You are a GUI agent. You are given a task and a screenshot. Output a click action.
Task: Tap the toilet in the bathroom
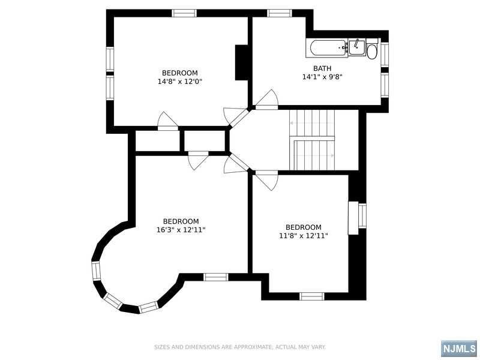click(373, 51)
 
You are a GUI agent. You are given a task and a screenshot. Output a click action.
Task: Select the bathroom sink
click(356, 47)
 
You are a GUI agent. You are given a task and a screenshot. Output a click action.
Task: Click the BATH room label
click(322, 68)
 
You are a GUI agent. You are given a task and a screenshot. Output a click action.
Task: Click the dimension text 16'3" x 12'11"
click(181, 230)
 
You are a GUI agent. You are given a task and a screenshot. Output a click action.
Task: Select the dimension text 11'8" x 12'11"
click(303, 236)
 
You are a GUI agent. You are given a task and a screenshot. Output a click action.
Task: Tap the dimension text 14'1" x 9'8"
click(322, 77)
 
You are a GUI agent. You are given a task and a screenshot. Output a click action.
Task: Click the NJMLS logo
click(458, 349)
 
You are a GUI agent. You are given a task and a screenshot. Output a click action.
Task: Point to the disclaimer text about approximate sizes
click(240, 347)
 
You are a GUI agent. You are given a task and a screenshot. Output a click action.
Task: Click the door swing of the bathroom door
click(268, 99)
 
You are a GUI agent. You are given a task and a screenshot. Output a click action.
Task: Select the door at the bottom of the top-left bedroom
click(168, 122)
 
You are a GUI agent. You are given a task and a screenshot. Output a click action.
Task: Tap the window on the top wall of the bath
click(279, 13)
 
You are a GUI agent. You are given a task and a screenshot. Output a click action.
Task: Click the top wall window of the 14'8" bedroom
click(184, 13)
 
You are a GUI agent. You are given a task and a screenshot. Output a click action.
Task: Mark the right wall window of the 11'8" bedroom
click(362, 215)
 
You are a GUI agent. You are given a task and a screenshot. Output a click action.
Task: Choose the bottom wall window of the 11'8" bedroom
click(311, 296)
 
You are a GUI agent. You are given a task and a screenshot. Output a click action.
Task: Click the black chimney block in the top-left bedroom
click(242, 62)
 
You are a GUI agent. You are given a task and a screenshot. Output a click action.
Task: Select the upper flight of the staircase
click(312, 123)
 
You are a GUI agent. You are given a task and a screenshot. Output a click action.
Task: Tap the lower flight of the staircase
click(313, 155)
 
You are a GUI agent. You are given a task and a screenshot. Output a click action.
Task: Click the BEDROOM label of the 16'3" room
click(181, 221)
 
